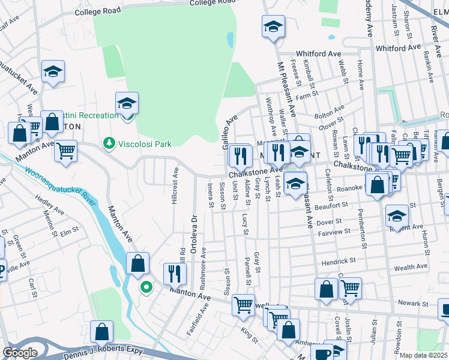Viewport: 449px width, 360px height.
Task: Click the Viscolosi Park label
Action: point(144,144)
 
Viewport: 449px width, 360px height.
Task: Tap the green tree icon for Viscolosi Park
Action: point(109,143)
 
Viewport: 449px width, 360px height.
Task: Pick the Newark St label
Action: point(412,304)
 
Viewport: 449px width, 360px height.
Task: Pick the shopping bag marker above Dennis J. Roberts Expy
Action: point(102,331)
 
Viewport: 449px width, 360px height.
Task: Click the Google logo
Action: point(20,353)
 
